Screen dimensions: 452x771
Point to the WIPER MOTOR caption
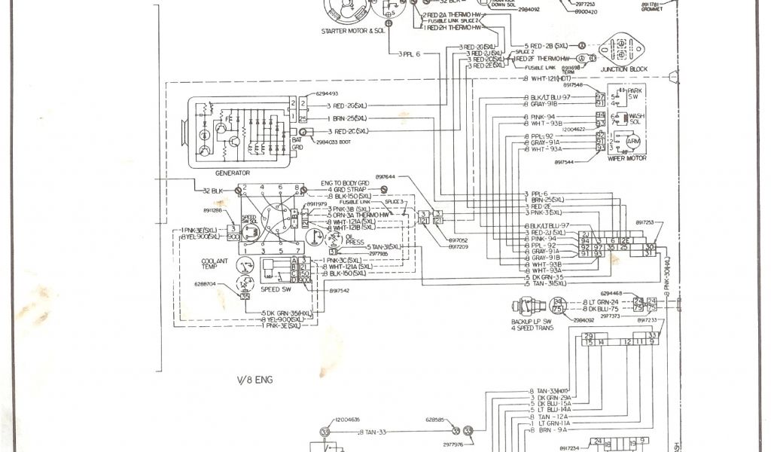pyautogui.click(x=624, y=159)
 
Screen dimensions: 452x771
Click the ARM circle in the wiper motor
pyautogui.click(x=633, y=142)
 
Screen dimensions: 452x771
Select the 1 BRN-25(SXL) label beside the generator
pyautogui.click(x=347, y=119)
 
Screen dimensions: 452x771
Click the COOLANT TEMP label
pyautogui.click(x=215, y=264)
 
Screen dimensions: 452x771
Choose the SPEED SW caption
pyautogui.click(x=276, y=288)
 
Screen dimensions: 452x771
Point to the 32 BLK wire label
pyautogui.click(x=212, y=191)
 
